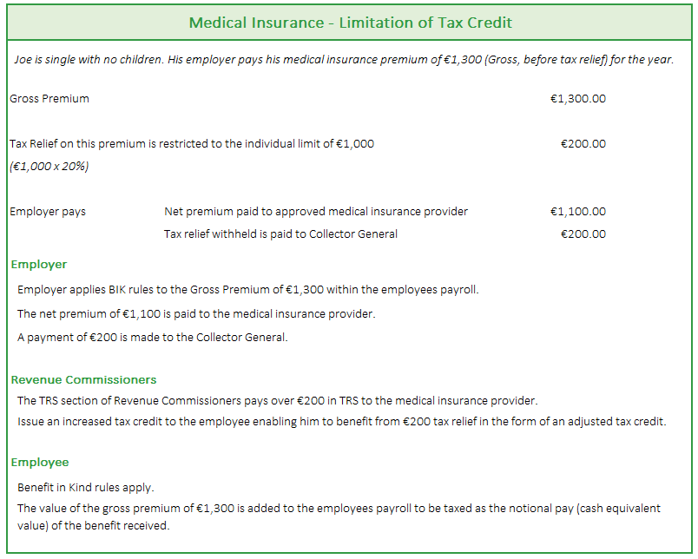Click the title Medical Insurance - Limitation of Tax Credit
coord(350,21)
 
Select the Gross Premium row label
coord(49,99)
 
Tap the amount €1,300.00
coord(577,99)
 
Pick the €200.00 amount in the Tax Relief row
coord(583,144)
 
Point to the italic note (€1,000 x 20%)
coord(49,167)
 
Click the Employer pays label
coord(48,212)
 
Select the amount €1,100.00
coord(577,212)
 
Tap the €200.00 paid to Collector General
coord(583,234)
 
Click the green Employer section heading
coord(39,265)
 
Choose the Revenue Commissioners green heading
coord(84,380)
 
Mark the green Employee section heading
coord(40,463)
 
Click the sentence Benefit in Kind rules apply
coord(86,488)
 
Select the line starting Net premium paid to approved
coord(316,212)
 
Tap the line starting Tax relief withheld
coord(280,234)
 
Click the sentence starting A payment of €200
coord(152,338)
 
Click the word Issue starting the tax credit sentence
coord(31,422)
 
